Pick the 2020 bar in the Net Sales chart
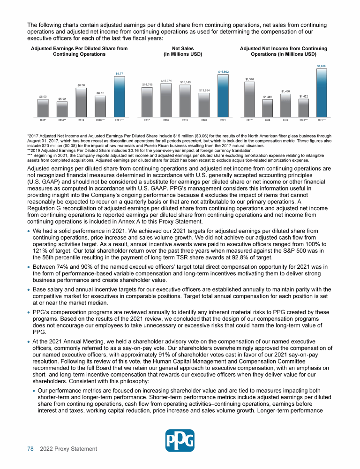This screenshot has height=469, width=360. [204, 104]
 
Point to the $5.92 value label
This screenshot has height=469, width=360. [62, 99]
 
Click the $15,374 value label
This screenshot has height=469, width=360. [166, 81]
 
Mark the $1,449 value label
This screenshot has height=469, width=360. [267, 97]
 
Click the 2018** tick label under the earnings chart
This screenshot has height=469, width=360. [62, 120]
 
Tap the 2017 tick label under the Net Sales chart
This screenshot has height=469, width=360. [147, 120]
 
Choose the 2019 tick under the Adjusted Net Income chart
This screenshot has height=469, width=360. [285, 120]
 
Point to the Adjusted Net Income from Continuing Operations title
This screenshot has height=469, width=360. [283, 51]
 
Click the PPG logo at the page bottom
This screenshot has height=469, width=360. [180, 440]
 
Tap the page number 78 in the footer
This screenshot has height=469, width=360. [30, 449]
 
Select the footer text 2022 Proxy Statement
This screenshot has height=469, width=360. [68, 449]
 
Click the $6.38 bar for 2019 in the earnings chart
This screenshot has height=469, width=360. [81, 101]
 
